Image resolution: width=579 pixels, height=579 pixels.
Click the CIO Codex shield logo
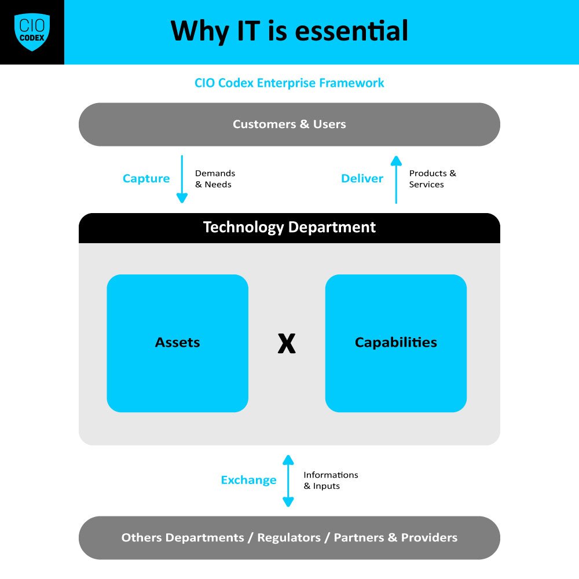coord(32,32)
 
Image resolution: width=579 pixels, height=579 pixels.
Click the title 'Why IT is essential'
coord(289,31)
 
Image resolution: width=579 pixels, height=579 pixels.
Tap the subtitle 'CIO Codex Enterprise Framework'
coord(289,83)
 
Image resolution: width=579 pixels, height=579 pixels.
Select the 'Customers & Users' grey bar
coord(289,124)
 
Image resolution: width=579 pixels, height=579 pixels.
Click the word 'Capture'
coord(146,178)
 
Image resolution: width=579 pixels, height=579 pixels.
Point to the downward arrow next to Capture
coord(182,179)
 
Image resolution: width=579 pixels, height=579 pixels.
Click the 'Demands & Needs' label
coord(215,179)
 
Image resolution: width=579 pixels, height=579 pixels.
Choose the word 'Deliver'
coord(362,178)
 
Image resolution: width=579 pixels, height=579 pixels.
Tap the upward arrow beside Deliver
coord(396,179)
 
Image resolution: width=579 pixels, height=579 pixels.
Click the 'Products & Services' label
coord(432,179)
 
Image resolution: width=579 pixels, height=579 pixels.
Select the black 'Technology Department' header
coord(289,228)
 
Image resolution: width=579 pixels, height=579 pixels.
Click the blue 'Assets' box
coord(178,343)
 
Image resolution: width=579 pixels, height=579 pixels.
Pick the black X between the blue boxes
coord(287,343)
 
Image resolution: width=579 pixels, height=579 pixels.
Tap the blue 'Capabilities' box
coord(396,343)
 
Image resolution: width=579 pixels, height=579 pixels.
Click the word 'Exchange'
coord(248,480)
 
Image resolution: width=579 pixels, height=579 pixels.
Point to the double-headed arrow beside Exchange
coord(288,481)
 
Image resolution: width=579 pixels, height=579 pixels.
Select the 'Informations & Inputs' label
coord(331,481)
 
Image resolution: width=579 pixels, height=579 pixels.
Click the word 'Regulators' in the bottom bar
coord(288,538)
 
